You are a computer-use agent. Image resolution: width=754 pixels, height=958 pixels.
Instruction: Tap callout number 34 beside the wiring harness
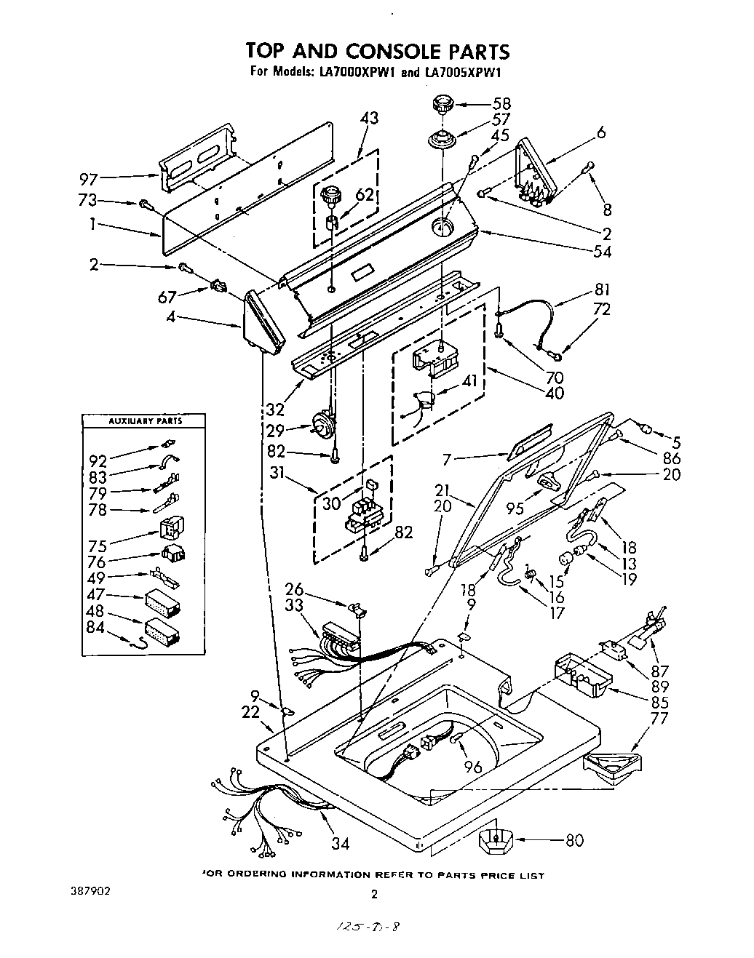tap(340, 843)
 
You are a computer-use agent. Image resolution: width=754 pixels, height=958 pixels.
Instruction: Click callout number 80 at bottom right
tap(574, 841)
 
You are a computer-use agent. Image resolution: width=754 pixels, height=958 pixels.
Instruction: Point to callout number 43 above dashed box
tap(370, 118)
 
